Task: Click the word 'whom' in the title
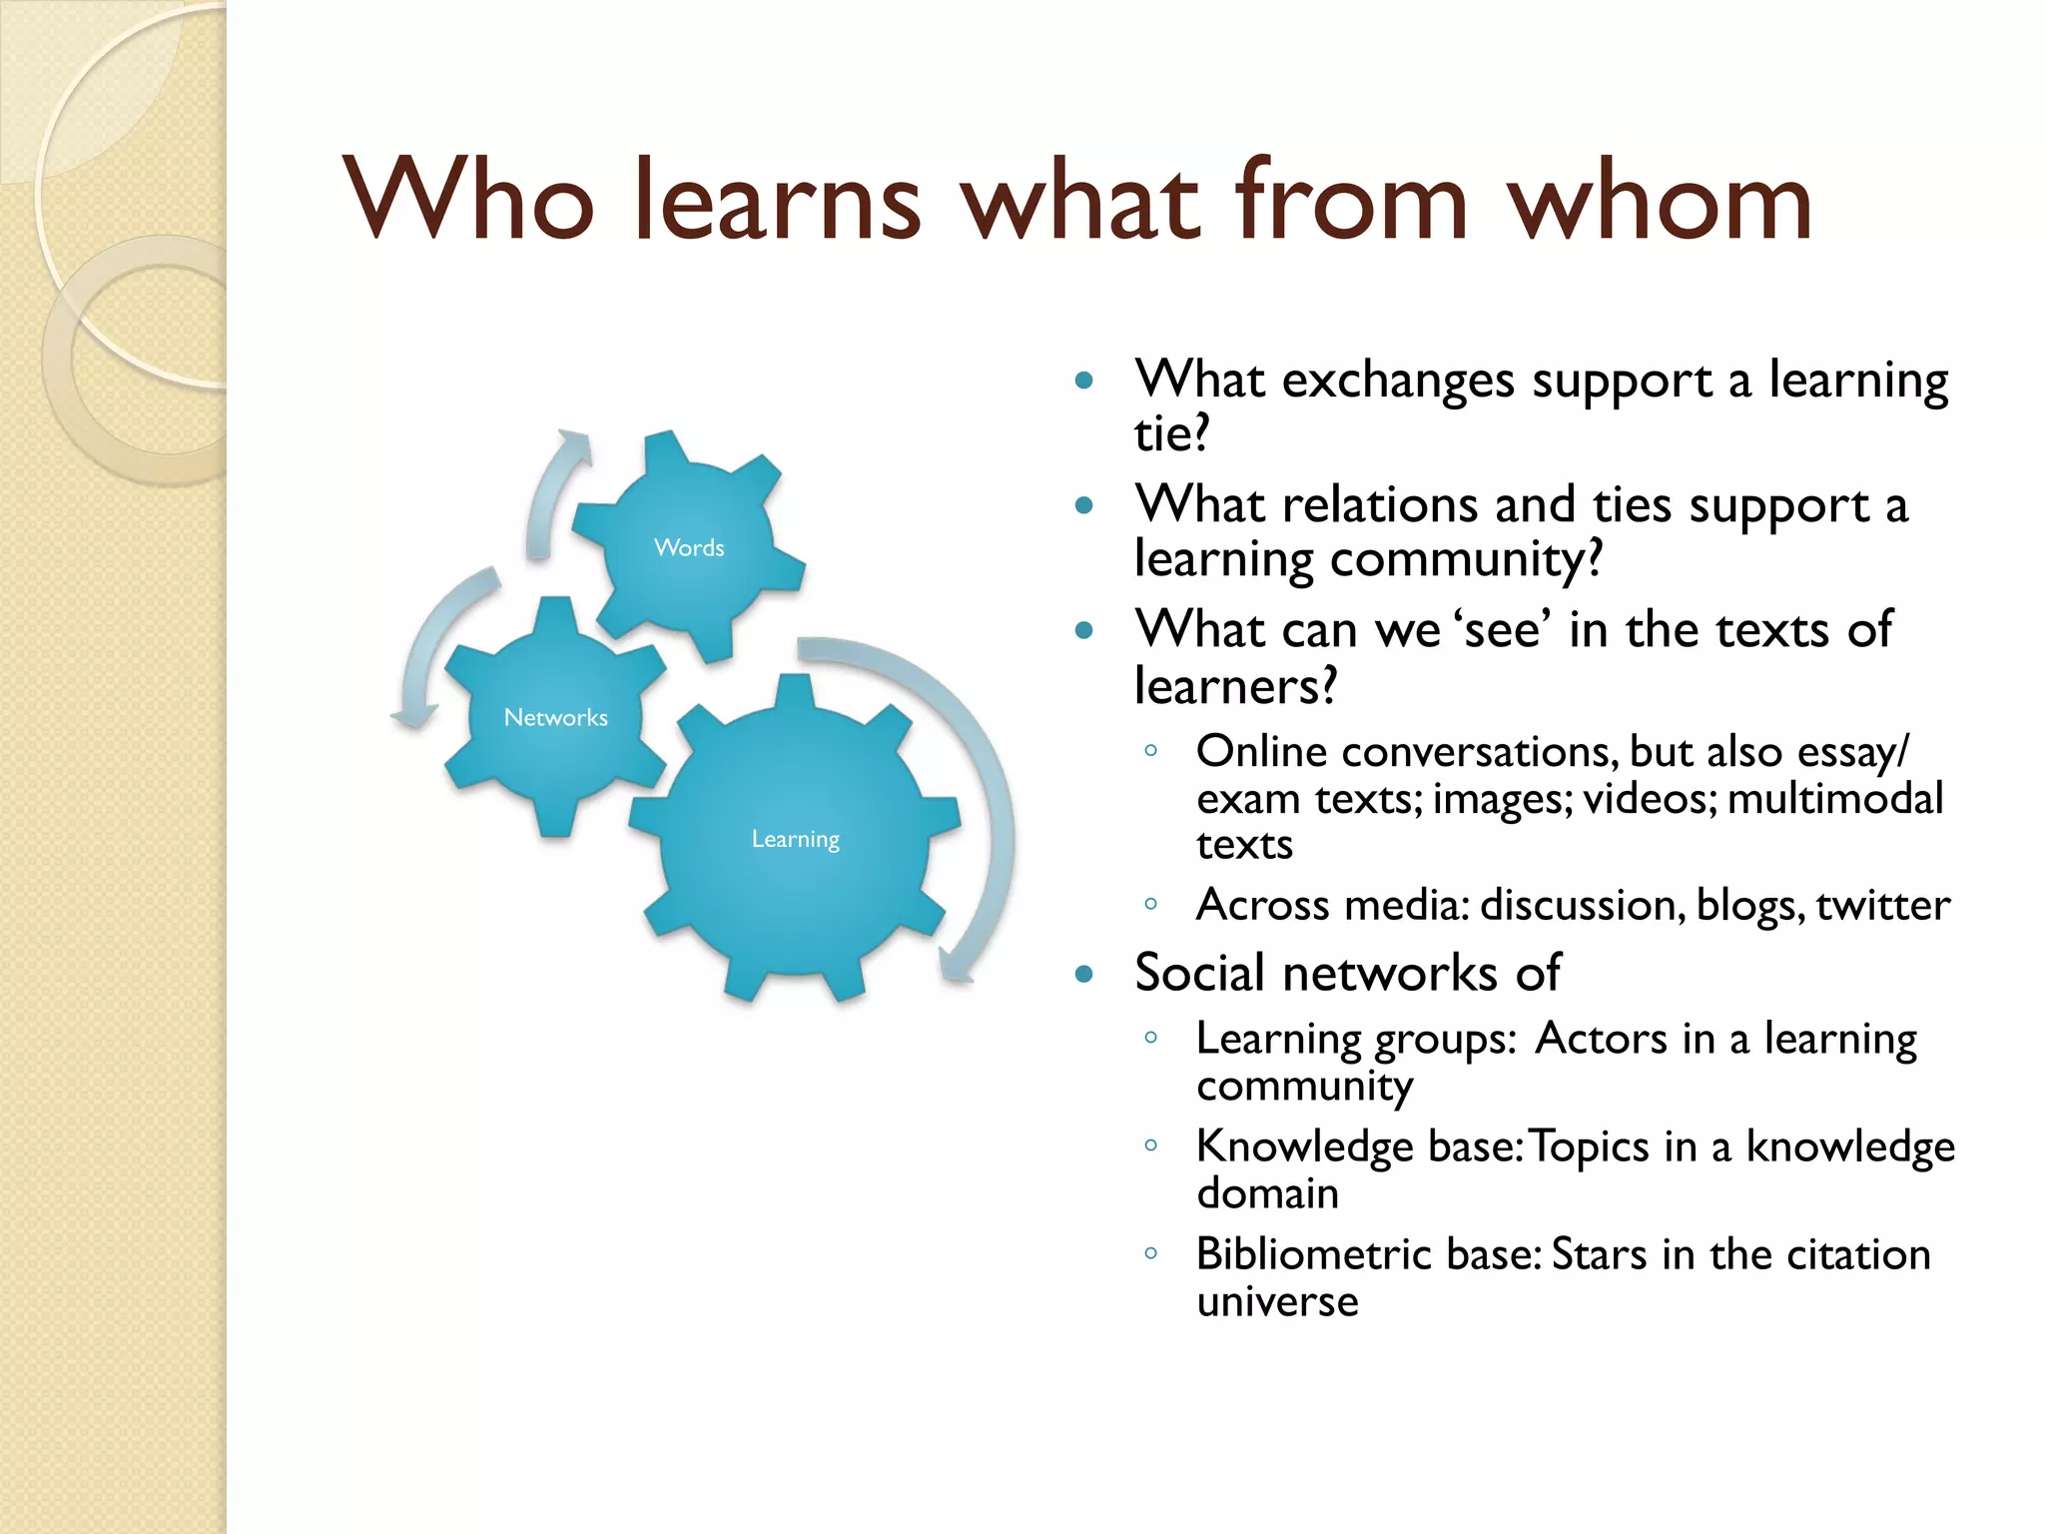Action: pyautogui.click(x=1660, y=202)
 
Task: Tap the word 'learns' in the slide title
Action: pyautogui.click(x=777, y=202)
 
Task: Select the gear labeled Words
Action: pyautogui.click(x=689, y=546)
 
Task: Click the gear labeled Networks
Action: pyautogui.click(x=555, y=717)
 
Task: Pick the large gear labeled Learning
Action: pyautogui.click(x=795, y=839)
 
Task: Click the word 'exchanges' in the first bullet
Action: pyautogui.click(x=1398, y=382)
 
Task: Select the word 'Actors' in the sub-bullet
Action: pyautogui.click(x=1601, y=1039)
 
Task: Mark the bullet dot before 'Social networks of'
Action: pyautogui.click(x=1084, y=974)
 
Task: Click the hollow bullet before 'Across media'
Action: pyautogui.click(x=1150, y=905)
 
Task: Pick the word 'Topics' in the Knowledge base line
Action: pyautogui.click(x=1589, y=1147)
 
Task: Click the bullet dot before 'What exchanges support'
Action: pyautogui.click(x=1084, y=381)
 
